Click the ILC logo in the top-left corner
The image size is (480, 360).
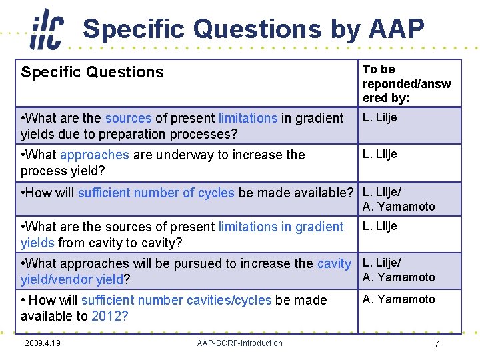[x=47, y=29]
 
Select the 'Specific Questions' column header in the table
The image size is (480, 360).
[x=92, y=72]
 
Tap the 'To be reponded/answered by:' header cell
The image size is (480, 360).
[x=406, y=83]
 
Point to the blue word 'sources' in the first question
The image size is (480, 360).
[x=128, y=118]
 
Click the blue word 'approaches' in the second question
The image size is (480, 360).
[x=94, y=155]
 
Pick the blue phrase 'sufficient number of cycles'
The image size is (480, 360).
[x=156, y=193]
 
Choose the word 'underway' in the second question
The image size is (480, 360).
[x=179, y=155]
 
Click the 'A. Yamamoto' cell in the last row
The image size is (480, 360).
[x=399, y=299]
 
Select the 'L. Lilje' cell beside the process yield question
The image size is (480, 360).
[x=379, y=154]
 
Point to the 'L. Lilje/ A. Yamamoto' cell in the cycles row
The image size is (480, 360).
[x=398, y=199]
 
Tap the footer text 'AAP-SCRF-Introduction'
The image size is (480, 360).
[x=239, y=343]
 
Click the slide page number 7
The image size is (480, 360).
[x=436, y=344]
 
